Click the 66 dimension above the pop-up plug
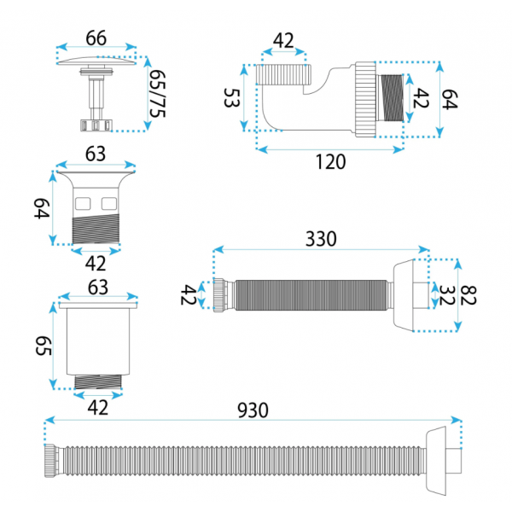[x=96, y=38]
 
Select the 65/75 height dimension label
[x=157, y=94]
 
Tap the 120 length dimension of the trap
[x=330, y=161]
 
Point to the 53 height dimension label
[x=232, y=97]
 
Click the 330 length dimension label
[x=321, y=239]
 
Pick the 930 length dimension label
[x=253, y=410]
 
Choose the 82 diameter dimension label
[x=468, y=295]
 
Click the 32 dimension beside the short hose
[x=446, y=295]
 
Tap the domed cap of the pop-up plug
[x=96, y=61]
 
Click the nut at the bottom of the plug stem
[x=96, y=125]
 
